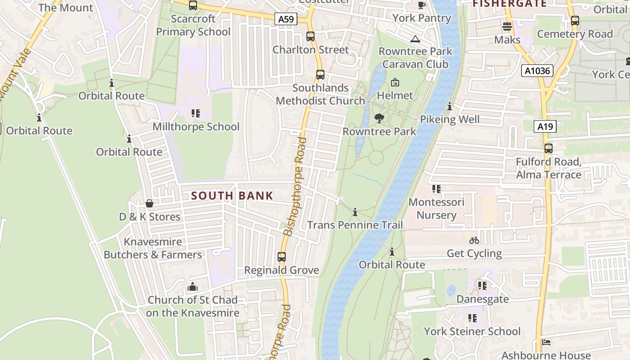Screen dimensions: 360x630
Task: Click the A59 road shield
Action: tap(286, 19)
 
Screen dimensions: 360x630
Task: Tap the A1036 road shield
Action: tap(537, 71)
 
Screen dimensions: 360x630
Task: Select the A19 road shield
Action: tap(545, 126)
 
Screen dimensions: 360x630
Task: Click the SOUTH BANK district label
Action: tap(232, 196)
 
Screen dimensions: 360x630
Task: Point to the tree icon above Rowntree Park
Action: tap(379, 118)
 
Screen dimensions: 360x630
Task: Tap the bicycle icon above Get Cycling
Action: tap(474, 240)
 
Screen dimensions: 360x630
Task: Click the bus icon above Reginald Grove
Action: tap(282, 257)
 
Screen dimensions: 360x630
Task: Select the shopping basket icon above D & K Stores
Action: tap(149, 204)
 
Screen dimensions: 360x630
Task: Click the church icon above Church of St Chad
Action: tap(193, 287)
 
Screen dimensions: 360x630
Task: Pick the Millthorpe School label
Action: tap(196, 126)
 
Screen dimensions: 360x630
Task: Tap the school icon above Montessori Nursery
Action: tap(436, 189)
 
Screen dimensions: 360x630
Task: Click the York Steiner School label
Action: tap(472, 332)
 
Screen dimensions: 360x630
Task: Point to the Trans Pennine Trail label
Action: tap(355, 225)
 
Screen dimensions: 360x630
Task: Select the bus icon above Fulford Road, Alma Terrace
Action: tap(548, 148)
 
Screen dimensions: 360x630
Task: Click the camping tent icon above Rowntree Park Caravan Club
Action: tap(415, 39)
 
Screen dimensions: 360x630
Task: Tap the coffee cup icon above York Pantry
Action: tap(422, 5)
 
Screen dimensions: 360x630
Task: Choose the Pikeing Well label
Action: tap(450, 119)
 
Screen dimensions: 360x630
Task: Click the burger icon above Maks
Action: tap(507, 27)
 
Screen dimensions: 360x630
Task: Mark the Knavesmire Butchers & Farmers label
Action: tap(153, 248)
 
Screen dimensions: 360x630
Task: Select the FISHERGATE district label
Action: tap(509, 4)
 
